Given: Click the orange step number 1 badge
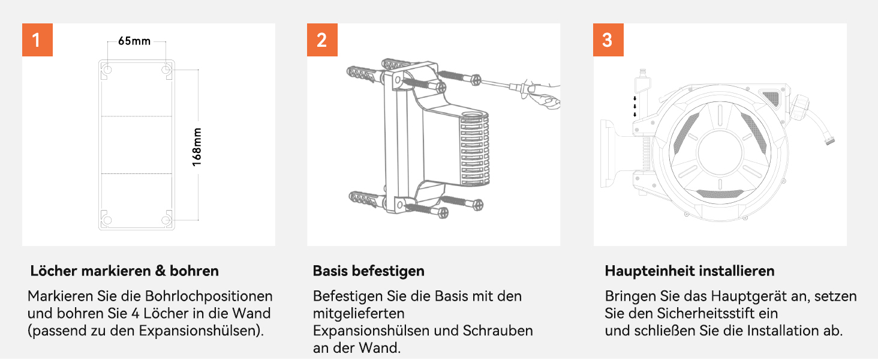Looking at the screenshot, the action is [37, 40].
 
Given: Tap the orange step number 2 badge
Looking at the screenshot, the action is [322, 40].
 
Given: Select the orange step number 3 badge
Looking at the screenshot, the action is [608, 40].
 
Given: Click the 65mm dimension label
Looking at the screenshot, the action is [134, 41].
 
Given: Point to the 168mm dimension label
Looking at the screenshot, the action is [197, 147].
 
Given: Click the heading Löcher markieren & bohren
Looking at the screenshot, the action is [124, 271].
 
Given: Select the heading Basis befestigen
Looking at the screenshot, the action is [368, 271].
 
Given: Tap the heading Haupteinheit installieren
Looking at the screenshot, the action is [690, 271].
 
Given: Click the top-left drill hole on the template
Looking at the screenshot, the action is [107, 70].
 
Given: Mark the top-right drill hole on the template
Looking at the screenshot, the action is [166, 70].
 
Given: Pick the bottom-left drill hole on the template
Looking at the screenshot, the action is [107, 220].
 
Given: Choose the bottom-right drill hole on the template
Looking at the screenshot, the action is [166, 220].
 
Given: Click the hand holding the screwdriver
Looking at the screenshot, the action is [545, 96].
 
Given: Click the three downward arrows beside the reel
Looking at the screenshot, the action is [635, 106].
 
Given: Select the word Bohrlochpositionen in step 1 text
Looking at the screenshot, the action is [209, 296].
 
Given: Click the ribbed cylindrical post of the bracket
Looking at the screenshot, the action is [474, 148].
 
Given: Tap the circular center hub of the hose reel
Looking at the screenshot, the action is [720, 152].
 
